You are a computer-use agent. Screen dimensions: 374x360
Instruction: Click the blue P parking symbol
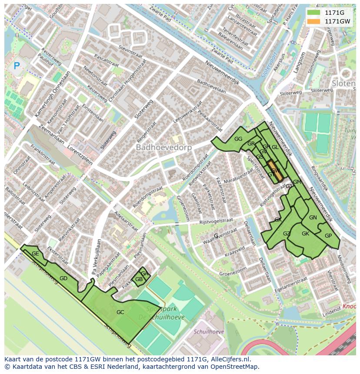pyautogui.click(x=17, y=66)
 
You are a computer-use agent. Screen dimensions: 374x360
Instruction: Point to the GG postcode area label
pyautogui.click(x=238, y=139)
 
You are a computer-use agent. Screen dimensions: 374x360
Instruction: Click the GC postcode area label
pyautogui.click(x=120, y=312)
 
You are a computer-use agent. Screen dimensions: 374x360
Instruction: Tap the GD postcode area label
pyautogui.click(x=63, y=278)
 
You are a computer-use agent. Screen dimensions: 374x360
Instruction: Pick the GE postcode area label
pyautogui.click(x=35, y=253)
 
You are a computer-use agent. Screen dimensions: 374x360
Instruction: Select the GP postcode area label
pyautogui.click(x=328, y=236)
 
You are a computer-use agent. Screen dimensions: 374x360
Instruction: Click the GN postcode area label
pyautogui.click(x=313, y=217)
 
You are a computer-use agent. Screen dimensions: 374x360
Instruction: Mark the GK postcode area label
pyautogui.click(x=305, y=233)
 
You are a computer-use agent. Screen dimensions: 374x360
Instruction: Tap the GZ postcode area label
pyautogui.click(x=287, y=234)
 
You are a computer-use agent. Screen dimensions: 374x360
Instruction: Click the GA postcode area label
pyautogui.click(x=144, y=273)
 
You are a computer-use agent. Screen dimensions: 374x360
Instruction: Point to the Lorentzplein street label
pyautogui.click(x=80, y=155)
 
